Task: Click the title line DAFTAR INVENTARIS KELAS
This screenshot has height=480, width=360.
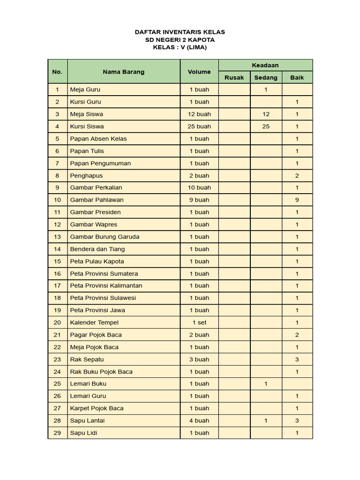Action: (180, 32)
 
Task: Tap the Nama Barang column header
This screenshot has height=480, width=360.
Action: (124, 72)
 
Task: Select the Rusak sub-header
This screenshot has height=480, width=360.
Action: (234, 77)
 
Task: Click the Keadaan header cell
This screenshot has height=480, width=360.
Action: (265, 66)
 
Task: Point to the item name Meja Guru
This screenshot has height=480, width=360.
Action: (85, 90)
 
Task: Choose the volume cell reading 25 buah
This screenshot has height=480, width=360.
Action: (199, 126)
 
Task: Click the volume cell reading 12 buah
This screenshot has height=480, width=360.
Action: (199, 114)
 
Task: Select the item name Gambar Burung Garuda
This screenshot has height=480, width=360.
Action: (105, 237)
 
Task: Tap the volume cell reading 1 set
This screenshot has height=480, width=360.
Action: (199, 322)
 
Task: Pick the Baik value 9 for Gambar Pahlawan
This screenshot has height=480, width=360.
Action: (297, 200)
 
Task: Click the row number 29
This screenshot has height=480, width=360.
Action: (57, 433)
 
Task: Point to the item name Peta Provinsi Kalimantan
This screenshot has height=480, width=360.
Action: (106, 285)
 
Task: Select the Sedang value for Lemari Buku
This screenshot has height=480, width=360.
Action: (266, 383)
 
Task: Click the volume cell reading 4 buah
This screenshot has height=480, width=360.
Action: (199, 420)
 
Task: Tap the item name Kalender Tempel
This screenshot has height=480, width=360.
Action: (94, 322)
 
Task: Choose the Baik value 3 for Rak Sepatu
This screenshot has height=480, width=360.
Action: (297, 360)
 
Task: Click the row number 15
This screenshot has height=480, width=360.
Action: (57, 261)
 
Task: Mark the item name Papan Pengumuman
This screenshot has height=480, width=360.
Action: (100, 163)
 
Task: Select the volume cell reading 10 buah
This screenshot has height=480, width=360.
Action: (199, 187)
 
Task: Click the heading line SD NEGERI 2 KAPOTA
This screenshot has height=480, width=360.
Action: (180, 40)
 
